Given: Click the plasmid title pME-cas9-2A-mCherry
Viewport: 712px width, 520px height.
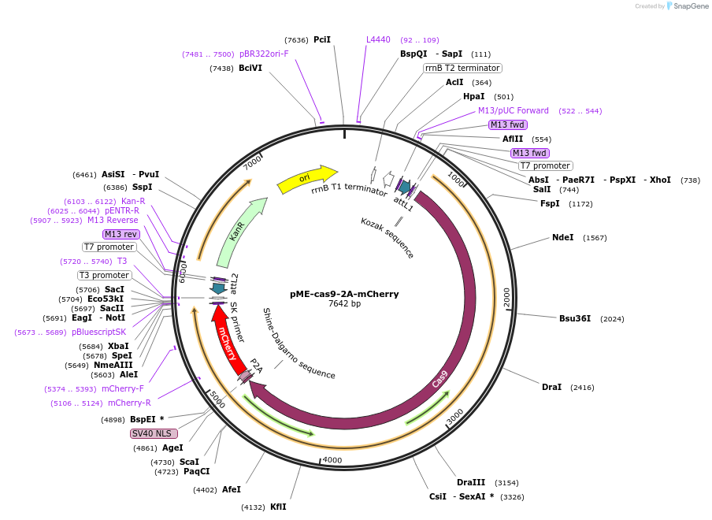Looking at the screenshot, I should point(344,294).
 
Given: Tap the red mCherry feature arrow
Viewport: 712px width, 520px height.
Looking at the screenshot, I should point(227,338).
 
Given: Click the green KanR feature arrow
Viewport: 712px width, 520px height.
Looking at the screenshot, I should point(239,232).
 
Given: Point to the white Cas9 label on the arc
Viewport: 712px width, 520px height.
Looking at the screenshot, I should point(440,379).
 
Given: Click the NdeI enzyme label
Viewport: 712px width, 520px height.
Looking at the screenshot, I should point(562,237).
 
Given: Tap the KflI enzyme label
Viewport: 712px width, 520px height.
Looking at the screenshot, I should point(278,507).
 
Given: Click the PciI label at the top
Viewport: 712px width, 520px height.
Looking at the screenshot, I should point(321,39).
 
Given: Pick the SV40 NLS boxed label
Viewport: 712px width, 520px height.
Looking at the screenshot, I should point(154,433).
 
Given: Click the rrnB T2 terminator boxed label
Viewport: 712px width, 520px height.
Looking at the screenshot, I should point(462,68).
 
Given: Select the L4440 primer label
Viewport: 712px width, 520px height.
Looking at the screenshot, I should point(378,39).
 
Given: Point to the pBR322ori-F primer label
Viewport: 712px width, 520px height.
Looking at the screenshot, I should point(264,54).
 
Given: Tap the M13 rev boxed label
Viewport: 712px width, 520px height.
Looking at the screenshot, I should point(121,234).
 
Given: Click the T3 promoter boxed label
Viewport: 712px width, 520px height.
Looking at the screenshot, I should point(104,275).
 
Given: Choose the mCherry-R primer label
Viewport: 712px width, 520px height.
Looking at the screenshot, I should point(129,403).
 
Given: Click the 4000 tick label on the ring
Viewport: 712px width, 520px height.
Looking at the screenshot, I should point(332,460).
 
